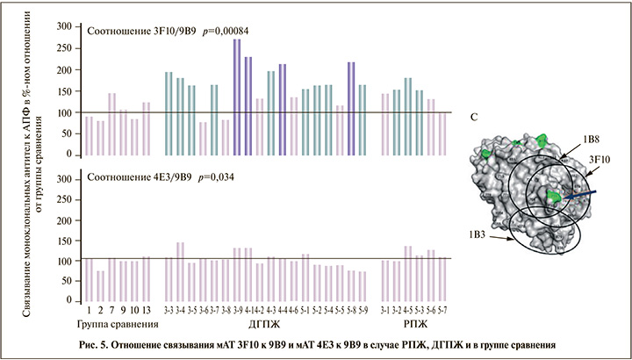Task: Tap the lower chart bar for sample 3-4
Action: pos(180,271)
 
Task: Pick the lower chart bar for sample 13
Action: pos(146,278)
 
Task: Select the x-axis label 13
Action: pos(146,311)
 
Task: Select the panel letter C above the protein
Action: pos(475,116)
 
